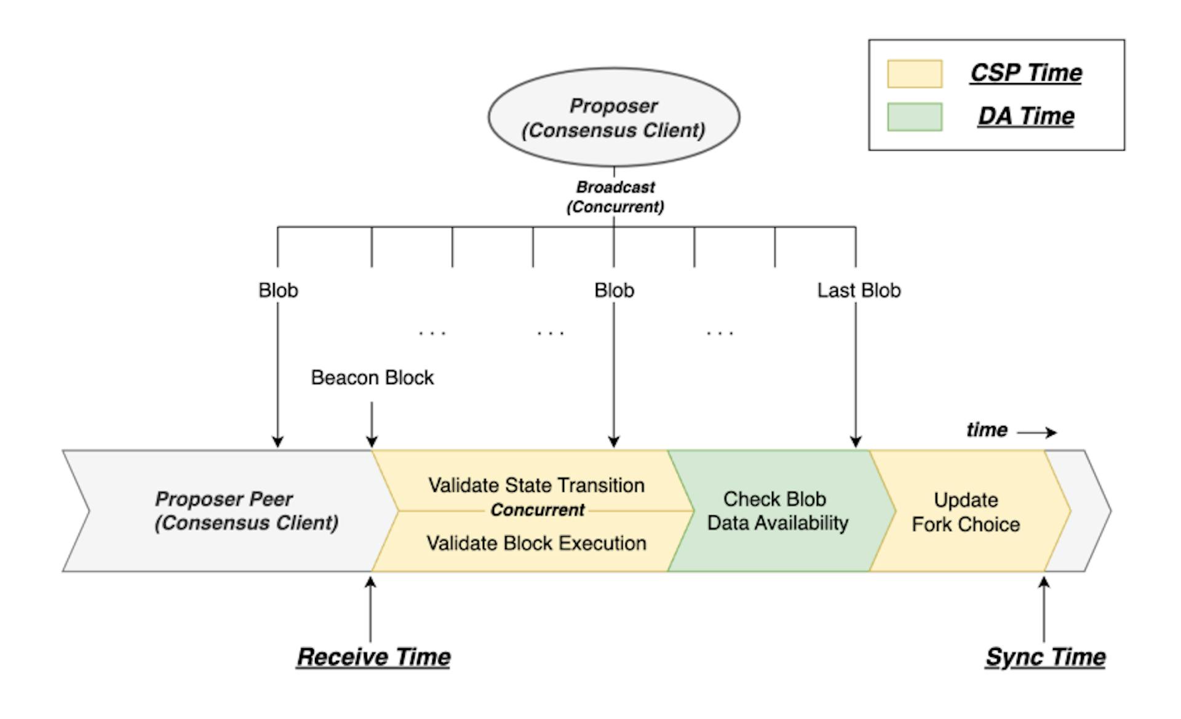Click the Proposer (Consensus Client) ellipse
pos(613,117)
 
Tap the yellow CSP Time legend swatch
pos(914,73)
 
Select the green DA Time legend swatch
pos(914,117)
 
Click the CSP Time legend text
pos(1025,73)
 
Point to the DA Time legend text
pos(1025,116)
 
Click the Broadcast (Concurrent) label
pos(615,196)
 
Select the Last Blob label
pos(858,290)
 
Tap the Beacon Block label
pos(372,377)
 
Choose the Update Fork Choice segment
pos(965,512)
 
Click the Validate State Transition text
pos(536,485)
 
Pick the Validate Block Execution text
pos(536,543)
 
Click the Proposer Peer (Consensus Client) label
pos(246,510)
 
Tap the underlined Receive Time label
pos(373,657)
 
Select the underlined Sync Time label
pos(1045,657)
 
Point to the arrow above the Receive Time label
pos(370,609)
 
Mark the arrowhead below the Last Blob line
pos(856,441)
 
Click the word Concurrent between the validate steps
pos(537,510)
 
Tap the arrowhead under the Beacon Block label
pos(372,441)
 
